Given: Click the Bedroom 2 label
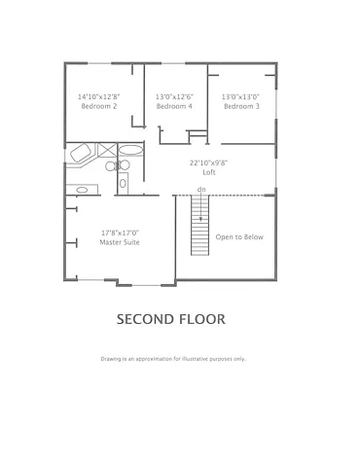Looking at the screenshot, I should pyautogui.click(x=97, y=106).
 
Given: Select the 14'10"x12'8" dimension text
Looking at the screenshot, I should pyautogui.click(x=97, y=96).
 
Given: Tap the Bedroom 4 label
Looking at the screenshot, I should pyautogui.click(x=174, y=106).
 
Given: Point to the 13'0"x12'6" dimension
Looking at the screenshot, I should pyautogui.click(x=174, y=96).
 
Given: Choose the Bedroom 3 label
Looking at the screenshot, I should pyautogui.click(x=241, y=106).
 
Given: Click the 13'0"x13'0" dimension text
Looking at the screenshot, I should pyautogui.click(x=241, y=96).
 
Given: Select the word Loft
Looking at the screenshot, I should pyautogui.click(x=208, y=171).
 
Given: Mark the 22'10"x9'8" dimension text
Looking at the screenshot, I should pyautogui.click(x=208, y=162).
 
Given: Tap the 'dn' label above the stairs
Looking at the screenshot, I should pyautogui.click(x=201, y=188).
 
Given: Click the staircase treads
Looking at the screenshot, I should pyautogui.click(x=200, y=224).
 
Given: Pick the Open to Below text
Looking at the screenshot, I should pyautogui.click(x=239, y=236).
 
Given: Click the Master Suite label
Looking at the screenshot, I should pyautogui.click(x=120, y=242).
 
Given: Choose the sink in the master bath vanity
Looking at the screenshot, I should pyautogui.click(x=82, y=190).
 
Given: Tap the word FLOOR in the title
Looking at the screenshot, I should pyautogui.click(x=203, y=318).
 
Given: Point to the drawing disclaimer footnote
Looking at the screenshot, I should pyautogui.click(x=173, y=358).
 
